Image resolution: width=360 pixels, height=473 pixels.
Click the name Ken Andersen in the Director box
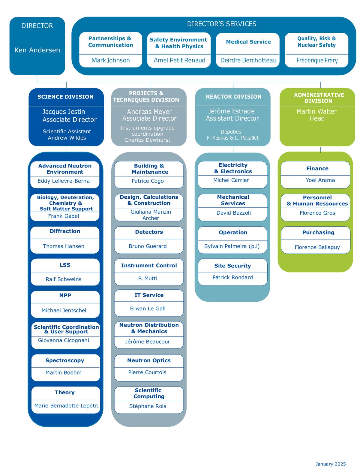[x=37, y=50]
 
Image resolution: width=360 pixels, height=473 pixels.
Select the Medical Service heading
[x=248, y=42]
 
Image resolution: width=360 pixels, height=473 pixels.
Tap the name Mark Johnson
[x=111, y=60]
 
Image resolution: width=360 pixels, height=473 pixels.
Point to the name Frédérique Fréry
[x=317, y=60]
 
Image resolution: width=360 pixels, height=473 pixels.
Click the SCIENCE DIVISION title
[x=65, y=97]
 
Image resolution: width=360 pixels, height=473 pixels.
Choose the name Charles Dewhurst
[x=147, y=140]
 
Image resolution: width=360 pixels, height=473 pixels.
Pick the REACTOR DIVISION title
[x=233, y=97]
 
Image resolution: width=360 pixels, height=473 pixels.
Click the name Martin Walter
[x=316, y=111]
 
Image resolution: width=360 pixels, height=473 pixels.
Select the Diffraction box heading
[x=65, y=231]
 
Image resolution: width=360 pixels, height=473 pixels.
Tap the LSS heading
[x=65, y=265]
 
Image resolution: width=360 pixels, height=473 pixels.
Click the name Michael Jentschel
[x=64, y=310]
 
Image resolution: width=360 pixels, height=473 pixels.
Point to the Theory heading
[x=64, y=392]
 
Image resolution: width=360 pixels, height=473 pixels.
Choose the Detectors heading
[x=149, y=232]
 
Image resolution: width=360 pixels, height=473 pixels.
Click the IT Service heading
[x=149, y=295]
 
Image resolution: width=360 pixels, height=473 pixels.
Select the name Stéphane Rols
[x=148, y=406]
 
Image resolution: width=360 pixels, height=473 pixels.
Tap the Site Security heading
[x=232, y=266]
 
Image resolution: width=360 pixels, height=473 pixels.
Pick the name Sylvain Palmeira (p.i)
[x=232, y=246]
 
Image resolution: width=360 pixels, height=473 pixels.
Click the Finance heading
[x=317, y=169]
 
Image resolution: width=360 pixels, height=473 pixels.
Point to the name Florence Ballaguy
[x=317, y=247]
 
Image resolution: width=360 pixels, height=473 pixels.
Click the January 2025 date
[x=331, y=464]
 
